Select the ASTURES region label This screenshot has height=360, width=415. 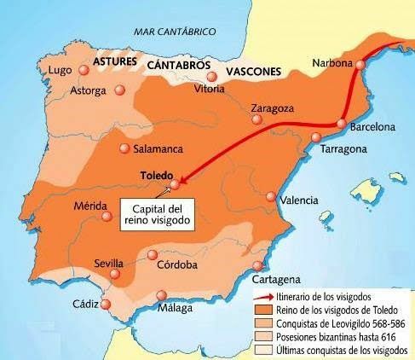click(x=116, y=64)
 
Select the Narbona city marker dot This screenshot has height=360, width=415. click(x=362, y=64)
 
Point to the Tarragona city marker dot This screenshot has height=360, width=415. click(x=316, y=137)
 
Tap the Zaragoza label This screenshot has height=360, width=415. click(x=274, y=108)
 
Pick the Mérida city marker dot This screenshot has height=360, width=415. click(x=106, y=217)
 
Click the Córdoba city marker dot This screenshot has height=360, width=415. click(x=153, y=254)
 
